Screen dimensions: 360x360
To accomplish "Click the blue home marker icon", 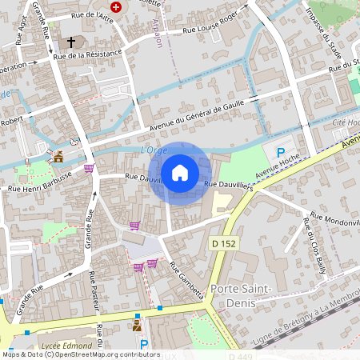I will coord(180,172).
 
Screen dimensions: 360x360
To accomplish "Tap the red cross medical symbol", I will coord(117,6).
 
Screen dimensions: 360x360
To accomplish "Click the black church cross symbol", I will coord(70,42).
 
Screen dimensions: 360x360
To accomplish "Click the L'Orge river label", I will coord(153,150).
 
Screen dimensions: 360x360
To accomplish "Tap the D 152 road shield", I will coord(225,242).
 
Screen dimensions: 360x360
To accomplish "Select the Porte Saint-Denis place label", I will coord(241,294).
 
